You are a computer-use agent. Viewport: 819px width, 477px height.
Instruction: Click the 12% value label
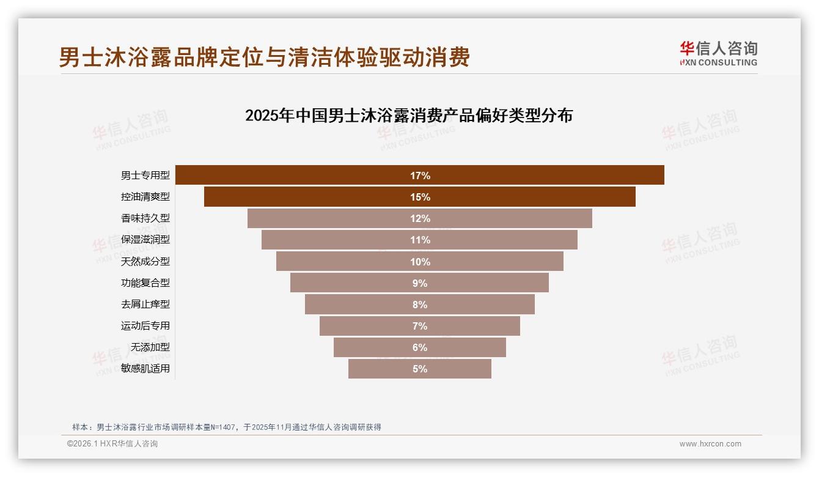420,218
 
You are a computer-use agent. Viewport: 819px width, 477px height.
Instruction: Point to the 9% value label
420,283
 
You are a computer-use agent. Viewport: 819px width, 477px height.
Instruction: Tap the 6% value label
420,347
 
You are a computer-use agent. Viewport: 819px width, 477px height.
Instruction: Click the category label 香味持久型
145,218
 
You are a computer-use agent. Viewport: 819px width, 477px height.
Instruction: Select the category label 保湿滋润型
145,240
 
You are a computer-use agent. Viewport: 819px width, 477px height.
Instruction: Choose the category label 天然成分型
145,262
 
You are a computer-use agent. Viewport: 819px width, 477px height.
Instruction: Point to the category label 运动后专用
145,326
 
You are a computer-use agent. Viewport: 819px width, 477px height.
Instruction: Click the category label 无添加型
150,347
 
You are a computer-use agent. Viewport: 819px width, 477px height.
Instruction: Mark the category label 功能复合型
145,283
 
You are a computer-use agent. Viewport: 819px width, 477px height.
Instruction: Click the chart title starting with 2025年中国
408,116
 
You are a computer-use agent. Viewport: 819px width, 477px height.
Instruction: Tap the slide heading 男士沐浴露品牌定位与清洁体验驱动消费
264,57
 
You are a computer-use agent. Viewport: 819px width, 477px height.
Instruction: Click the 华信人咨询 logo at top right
718,54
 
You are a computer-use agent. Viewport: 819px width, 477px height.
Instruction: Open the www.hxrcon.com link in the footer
710,444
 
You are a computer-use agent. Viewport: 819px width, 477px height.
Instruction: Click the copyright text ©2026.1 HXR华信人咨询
112,444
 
